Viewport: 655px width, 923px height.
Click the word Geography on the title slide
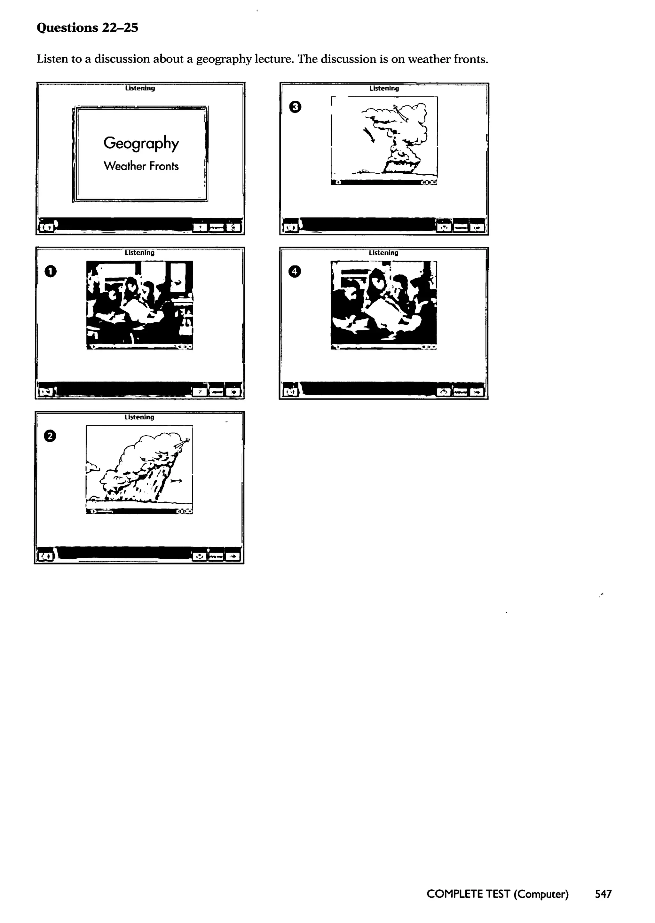(x=141, y=143)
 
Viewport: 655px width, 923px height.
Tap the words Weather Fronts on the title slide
(x=141, y=166)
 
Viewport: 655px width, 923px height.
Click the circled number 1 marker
(x=51, y=272)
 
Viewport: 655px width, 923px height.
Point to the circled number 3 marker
(x=295, y=107)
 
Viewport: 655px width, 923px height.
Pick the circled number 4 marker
(x=295, y=272)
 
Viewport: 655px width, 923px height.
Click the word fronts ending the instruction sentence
(x=470, y=59)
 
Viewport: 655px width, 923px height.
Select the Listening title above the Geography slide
(x=140, y=88)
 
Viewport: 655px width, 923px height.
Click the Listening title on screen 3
(x=384, y=88)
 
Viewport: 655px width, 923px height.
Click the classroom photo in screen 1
(x=139, y=303)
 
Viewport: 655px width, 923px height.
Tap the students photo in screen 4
(x=383, y=303)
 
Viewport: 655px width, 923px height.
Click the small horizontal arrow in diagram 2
(x=176, y=481)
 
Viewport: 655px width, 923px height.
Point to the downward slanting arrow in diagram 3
(x=369, y=135)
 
